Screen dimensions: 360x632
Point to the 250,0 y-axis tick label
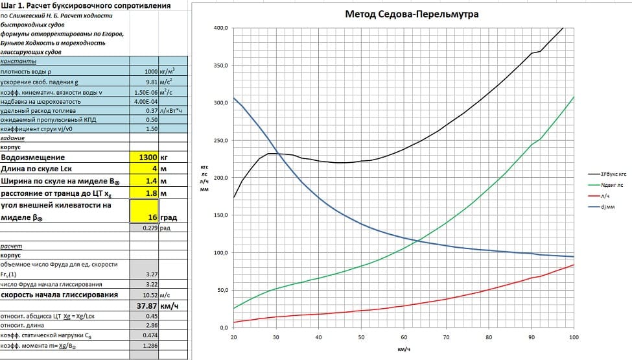pos(220,141)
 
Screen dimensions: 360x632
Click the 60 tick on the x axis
pos(404,339)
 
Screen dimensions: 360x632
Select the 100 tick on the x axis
pos(574,339)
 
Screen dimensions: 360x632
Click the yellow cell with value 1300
pos(143,157)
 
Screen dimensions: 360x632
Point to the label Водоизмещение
pos(33,157)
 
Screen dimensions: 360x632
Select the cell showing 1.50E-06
pos(143,92)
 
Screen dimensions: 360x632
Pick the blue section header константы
pos(15,61)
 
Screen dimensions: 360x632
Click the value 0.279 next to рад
pos(148,228)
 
